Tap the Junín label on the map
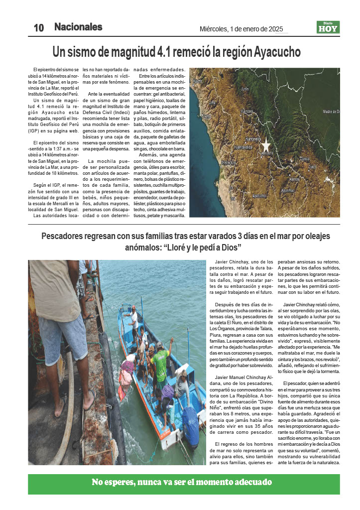[244, 89]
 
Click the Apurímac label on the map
[288, 190]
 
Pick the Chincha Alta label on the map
[229, 162]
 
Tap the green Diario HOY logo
[328, 27]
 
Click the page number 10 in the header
[39, 28]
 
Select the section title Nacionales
[78, 27]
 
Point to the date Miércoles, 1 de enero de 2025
[241, 29]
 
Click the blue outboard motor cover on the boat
[190, 425]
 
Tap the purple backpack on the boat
[167, 391]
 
